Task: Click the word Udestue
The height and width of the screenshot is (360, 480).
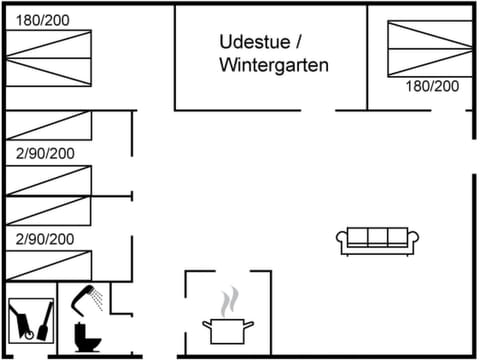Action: tap(252, 42)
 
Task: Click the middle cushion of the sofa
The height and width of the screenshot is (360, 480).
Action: tap(377, 238)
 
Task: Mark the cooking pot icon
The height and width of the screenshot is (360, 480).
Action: tap(227, 328)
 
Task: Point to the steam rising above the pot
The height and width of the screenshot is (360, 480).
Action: tap(230, 299)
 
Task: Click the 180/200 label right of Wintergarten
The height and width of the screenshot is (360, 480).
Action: tap(432, 86)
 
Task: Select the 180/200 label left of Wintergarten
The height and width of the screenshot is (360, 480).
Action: tap(42, 19)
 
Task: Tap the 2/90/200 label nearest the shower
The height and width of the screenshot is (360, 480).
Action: tap(45, 239)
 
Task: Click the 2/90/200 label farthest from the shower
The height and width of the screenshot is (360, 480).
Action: tap(45, 153)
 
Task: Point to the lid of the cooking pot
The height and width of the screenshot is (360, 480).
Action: tap(227, 320)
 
